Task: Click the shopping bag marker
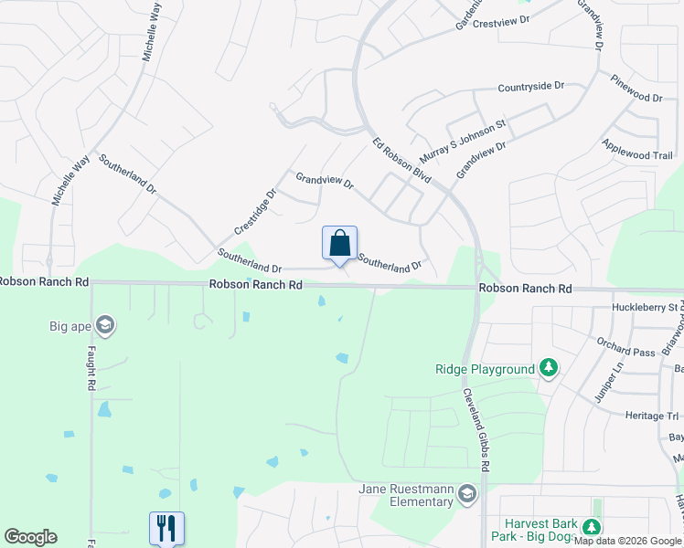[x=339, y=244]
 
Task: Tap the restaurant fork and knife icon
[x=166, y=527]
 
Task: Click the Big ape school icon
[x=105, y=325]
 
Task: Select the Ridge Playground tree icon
[x=548, y=369]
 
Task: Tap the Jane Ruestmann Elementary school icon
[x=467, y=494]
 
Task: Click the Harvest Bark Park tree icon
[x=592, y=527]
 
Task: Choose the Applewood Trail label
[x=637, y=151]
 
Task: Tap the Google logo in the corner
[x=30, y=537]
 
